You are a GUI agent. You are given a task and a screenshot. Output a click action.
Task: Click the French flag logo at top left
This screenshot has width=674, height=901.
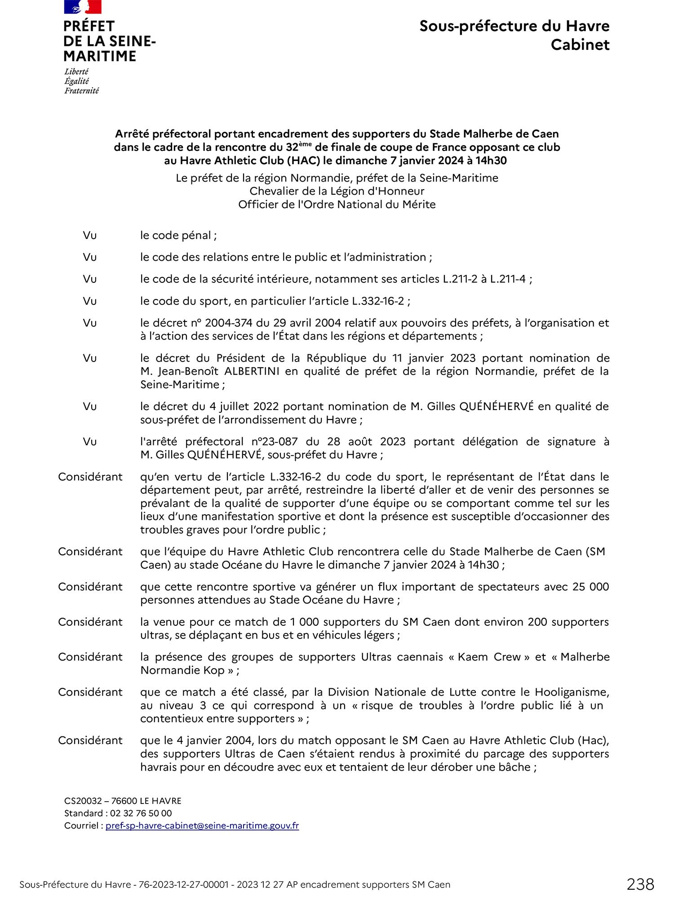tap(83, 7)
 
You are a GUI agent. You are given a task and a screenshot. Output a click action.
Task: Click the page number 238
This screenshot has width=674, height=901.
tap(640, 884)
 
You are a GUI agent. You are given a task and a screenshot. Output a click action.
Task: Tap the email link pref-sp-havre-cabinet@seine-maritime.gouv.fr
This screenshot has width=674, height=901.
tap(202, 825)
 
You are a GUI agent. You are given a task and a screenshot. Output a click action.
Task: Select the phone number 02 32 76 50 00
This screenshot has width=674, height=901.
tap(141, 813)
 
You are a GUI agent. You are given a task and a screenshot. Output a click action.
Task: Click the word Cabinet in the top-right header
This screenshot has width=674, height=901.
tap(580, 45)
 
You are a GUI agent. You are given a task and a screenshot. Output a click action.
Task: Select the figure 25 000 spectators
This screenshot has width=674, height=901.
tap(590, 587)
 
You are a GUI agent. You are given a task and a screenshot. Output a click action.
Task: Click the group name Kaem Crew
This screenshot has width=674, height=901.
tap(489, 657)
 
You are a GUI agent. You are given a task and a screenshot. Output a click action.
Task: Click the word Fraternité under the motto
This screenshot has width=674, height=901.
tap(81, 91)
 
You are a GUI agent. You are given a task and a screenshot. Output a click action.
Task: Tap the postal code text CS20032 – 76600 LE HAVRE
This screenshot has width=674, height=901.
tap(123, 801)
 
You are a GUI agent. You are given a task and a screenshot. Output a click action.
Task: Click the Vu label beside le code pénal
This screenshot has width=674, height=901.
tap(90, 236)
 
